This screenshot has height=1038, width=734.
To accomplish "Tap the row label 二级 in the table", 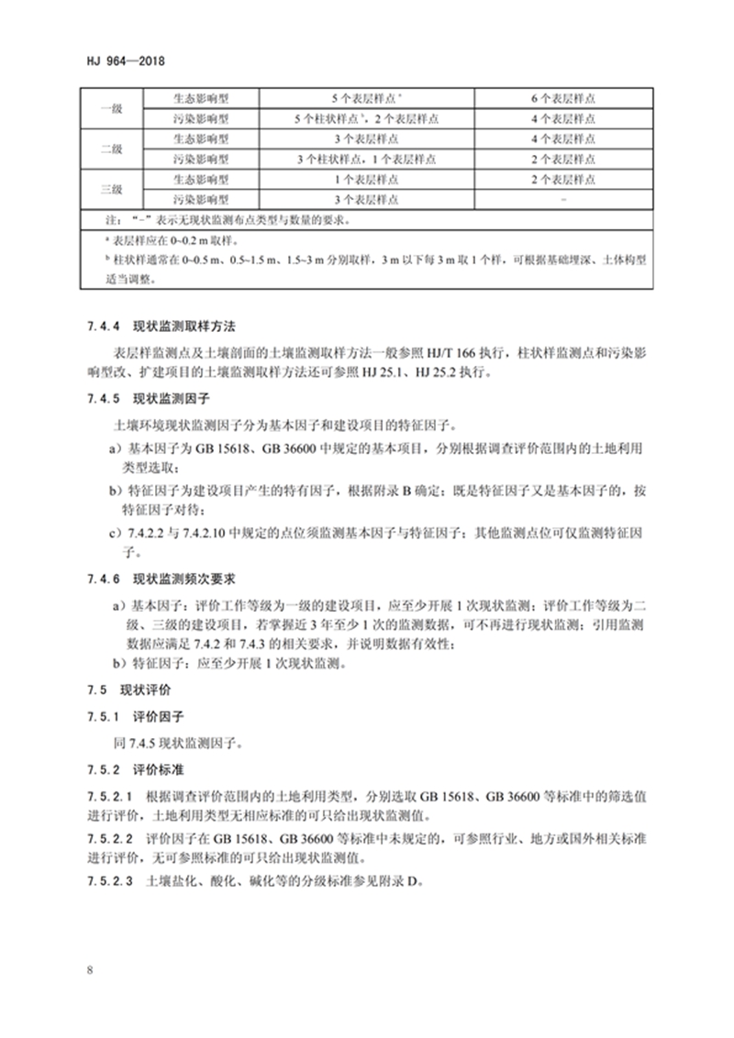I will tap(110, 149).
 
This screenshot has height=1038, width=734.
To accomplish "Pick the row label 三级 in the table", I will tap(110, 189).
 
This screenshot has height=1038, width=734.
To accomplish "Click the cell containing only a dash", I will tap(563, 199).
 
